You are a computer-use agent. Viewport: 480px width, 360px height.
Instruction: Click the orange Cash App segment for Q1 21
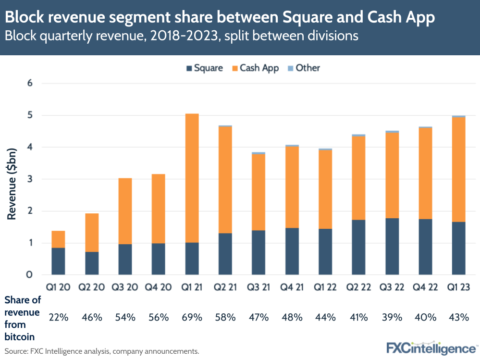tap(192, 178)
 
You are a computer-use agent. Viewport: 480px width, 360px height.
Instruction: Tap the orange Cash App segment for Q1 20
tap(58, 239)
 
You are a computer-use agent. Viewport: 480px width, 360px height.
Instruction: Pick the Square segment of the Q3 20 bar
tap(125, 259)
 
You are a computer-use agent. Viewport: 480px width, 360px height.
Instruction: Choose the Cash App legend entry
tap(255, 68)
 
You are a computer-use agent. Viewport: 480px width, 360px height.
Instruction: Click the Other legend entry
tap(303, 68)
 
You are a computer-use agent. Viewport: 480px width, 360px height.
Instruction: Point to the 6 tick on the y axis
tap(29, 83)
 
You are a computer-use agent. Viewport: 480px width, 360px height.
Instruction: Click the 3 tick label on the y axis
tap(29, 179)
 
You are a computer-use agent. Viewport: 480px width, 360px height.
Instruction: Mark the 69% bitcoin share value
tap(192, 317)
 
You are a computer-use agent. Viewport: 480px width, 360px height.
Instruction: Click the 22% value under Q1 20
tap(58, 317)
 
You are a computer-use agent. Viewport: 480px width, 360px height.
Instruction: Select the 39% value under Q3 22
tap(392, 317)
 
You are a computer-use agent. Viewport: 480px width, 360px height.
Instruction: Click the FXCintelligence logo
tap(431, 348)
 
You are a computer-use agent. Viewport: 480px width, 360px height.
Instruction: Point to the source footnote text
tap(101, 351)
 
